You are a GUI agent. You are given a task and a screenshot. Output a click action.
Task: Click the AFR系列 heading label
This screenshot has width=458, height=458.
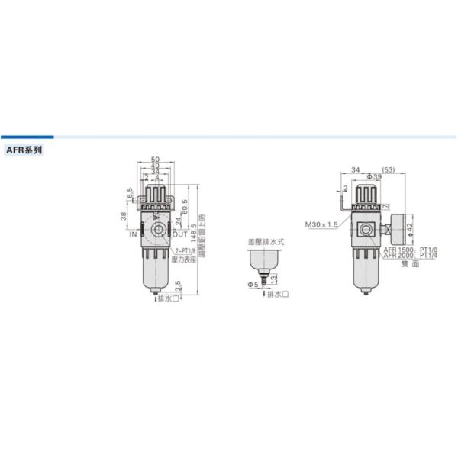tap(25, 150)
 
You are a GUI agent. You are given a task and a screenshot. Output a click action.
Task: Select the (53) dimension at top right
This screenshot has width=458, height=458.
tap(388, 169)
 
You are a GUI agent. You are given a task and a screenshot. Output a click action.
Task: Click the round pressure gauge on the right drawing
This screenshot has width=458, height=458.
tap(395, 227)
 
